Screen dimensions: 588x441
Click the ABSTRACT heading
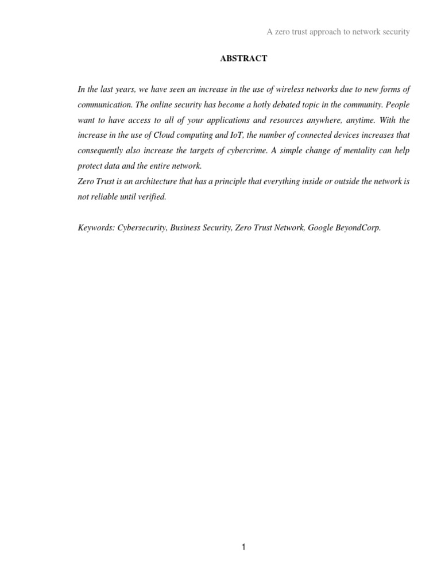click(x=243, y=59)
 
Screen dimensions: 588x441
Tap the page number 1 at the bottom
click(x=243, y=547)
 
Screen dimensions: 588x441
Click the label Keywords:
click(x=96, y=227)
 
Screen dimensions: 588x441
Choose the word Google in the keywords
click(x=320, y=227)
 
